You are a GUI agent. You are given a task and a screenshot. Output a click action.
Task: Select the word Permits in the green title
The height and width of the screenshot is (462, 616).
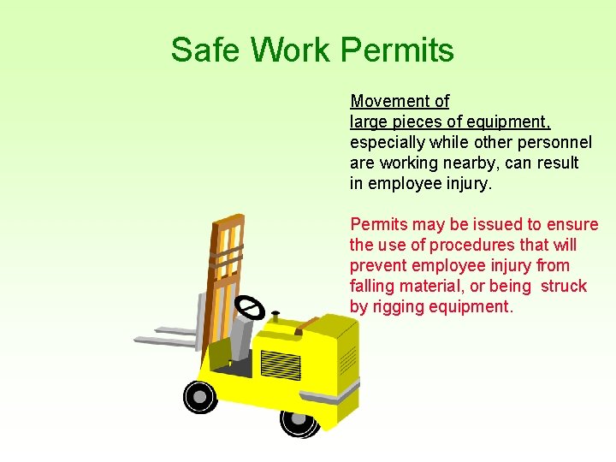[398, 50]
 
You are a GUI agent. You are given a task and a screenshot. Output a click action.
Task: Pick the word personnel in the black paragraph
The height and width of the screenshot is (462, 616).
[557, 142]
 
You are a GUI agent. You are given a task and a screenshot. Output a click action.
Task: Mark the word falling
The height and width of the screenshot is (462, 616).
[374, 286]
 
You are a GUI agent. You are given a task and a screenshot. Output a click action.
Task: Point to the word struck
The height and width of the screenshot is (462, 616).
[564, 286]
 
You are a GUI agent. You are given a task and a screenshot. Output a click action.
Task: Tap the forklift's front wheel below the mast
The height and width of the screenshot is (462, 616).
[199, 396]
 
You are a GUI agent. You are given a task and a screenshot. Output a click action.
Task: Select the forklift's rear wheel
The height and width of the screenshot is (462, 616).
[299, 419]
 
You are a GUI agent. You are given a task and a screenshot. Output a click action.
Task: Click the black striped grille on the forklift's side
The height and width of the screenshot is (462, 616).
[281, 364]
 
